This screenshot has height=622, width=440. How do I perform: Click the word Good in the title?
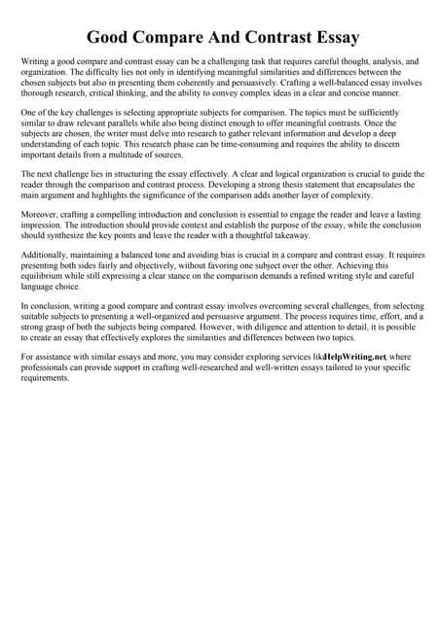[x=111, y=38]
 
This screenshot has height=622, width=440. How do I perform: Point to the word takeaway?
[x=282, y=235]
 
